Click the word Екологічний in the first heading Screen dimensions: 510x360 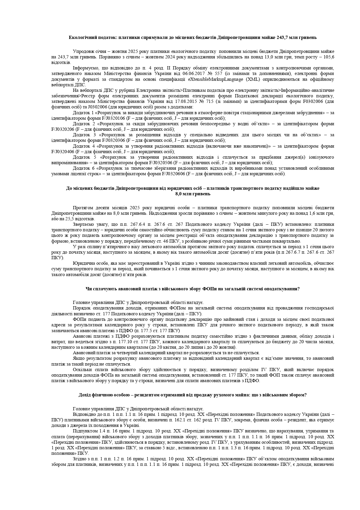80,37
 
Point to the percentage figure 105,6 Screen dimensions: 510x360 328,57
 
